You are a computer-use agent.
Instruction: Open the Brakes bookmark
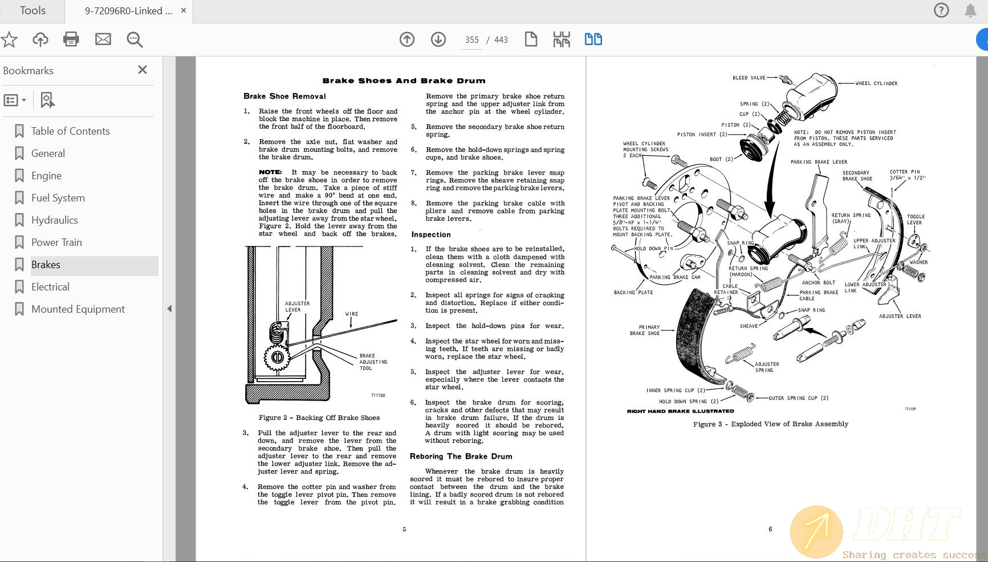pyautogui.click(x=46, y=265)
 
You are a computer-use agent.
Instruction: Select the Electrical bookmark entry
pyautogui.click(x=50, y=287)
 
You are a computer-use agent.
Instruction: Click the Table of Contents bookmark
pyautogui.click(x=70, y=131)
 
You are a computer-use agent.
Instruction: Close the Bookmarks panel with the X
pyautogui.click(x=143, y=70)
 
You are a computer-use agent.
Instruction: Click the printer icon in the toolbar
pyautogui.click(x=71, y=39)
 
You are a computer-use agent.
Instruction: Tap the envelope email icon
pyautogui.click(x=103, y=39)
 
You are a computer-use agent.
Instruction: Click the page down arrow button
pyautogui.click(x=438, y=39)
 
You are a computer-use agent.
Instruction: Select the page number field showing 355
pyautogui.click(x=471, y=40)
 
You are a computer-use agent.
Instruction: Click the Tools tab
pyautogui.click(x=32, y=11)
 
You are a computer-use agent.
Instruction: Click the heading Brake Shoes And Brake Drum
pyautogui.click(x=404, y=80)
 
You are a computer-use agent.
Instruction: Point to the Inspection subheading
pyautogui.click(x=431, y=234)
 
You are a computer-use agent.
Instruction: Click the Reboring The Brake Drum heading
pyautogui.click(x=461, y=456)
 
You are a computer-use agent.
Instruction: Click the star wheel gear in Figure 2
pyautogui.click(x=277, y=357)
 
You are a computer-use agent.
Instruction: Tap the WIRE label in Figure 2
pyautogui.click(x=352, y=314)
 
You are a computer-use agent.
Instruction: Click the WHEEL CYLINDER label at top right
pyautogui.click(x=876, y=83)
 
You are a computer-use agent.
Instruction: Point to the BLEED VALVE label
pyautogui.click(x=749, y=78)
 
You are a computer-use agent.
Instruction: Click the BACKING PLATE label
pyautogui.click(x=633, y=292)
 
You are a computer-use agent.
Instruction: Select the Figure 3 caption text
pyautogui.click(x=770, y=424)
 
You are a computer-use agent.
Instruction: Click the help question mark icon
pyautogui.click(x=941, y=10)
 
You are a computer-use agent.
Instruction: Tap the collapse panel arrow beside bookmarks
pyautogui.click(x=169, y=309)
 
